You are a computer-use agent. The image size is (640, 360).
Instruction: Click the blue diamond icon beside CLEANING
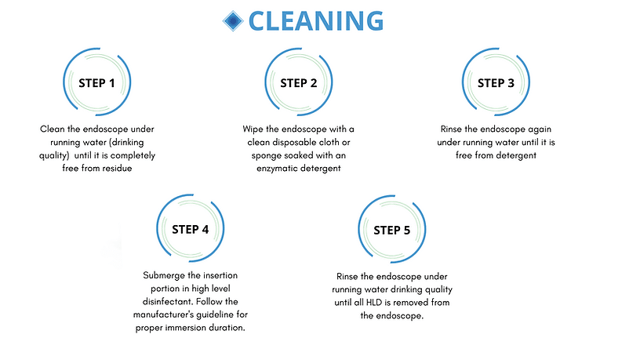click(233, 21)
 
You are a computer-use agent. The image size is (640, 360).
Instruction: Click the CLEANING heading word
click(316, 21)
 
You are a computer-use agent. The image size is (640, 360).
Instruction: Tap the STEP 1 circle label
click(96, 83)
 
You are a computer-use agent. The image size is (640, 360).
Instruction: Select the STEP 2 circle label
click(298, 83)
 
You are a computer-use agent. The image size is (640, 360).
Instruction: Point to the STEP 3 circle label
click(496, 83)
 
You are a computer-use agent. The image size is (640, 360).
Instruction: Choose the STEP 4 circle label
click(191, 229)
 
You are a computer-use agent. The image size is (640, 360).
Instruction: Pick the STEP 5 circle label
click(392, 231)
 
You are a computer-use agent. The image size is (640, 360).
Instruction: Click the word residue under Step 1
click(116, 168)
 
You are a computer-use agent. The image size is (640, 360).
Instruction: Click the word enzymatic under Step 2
click(276, 169)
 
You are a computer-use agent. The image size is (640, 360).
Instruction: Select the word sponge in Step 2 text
click(266, 156)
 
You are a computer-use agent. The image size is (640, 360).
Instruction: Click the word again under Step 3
click(539, 129)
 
